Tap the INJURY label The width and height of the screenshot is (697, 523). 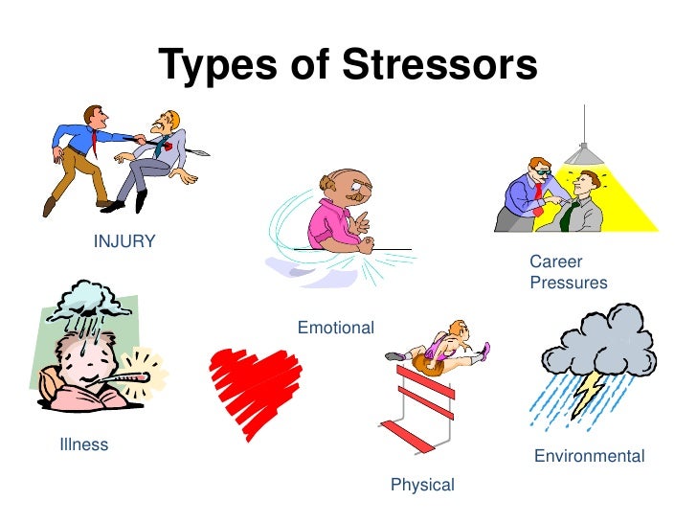pyautogui.click(x=124, y=241)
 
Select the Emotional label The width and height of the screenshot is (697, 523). pyautogui.click(x=335, y=328)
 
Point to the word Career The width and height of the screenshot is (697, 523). pyautogui.click(x=556, y=261)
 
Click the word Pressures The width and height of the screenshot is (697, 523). pyautogui.click(x=568, y=283)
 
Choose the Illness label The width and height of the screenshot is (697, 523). pyautogui.click(x=83, y=444)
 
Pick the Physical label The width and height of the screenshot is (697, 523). pyautogui.click(x=422, y=486)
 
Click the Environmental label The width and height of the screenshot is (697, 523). pyautogui.click(x=589, y=456)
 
